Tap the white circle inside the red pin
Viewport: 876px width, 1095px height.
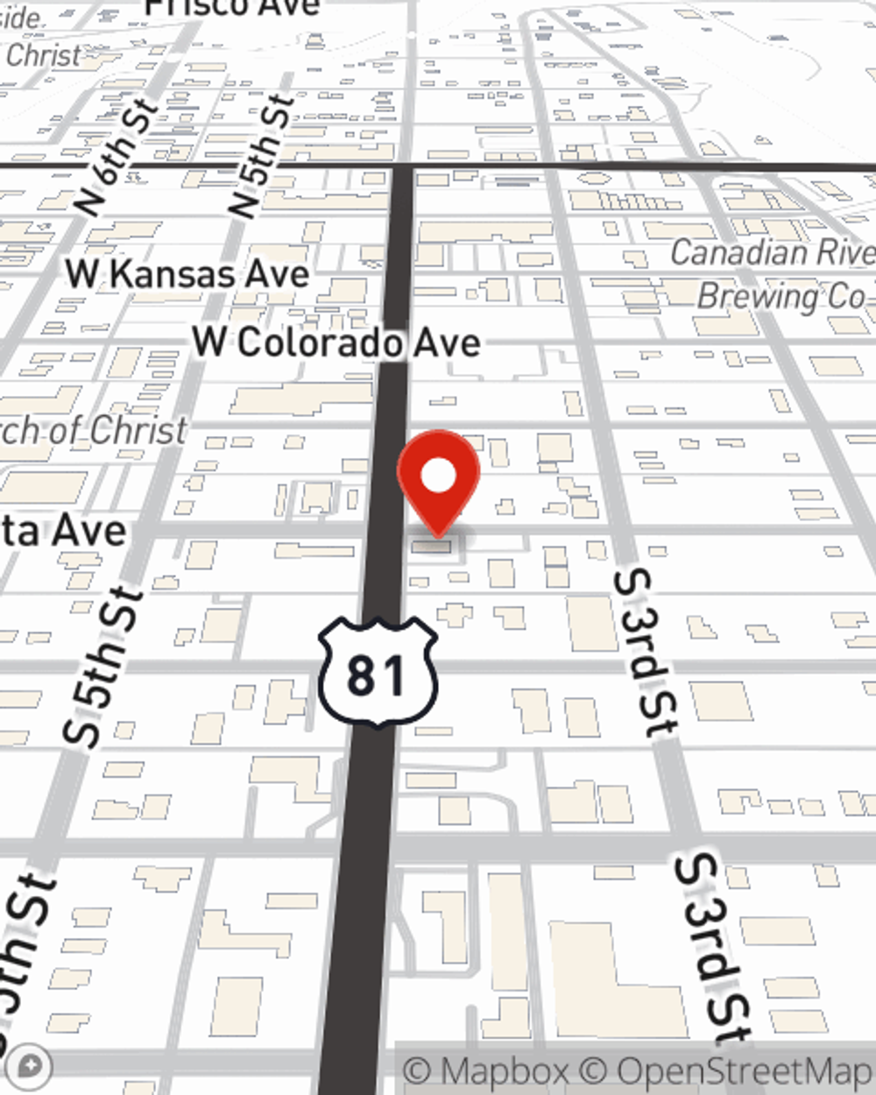[439, 477]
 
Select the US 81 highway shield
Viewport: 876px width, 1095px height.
[378, 673]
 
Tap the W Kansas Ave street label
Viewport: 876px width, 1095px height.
[187, 274]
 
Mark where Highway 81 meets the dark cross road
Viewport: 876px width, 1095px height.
[402, 166]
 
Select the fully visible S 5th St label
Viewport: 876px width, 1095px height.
[103, 668]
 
